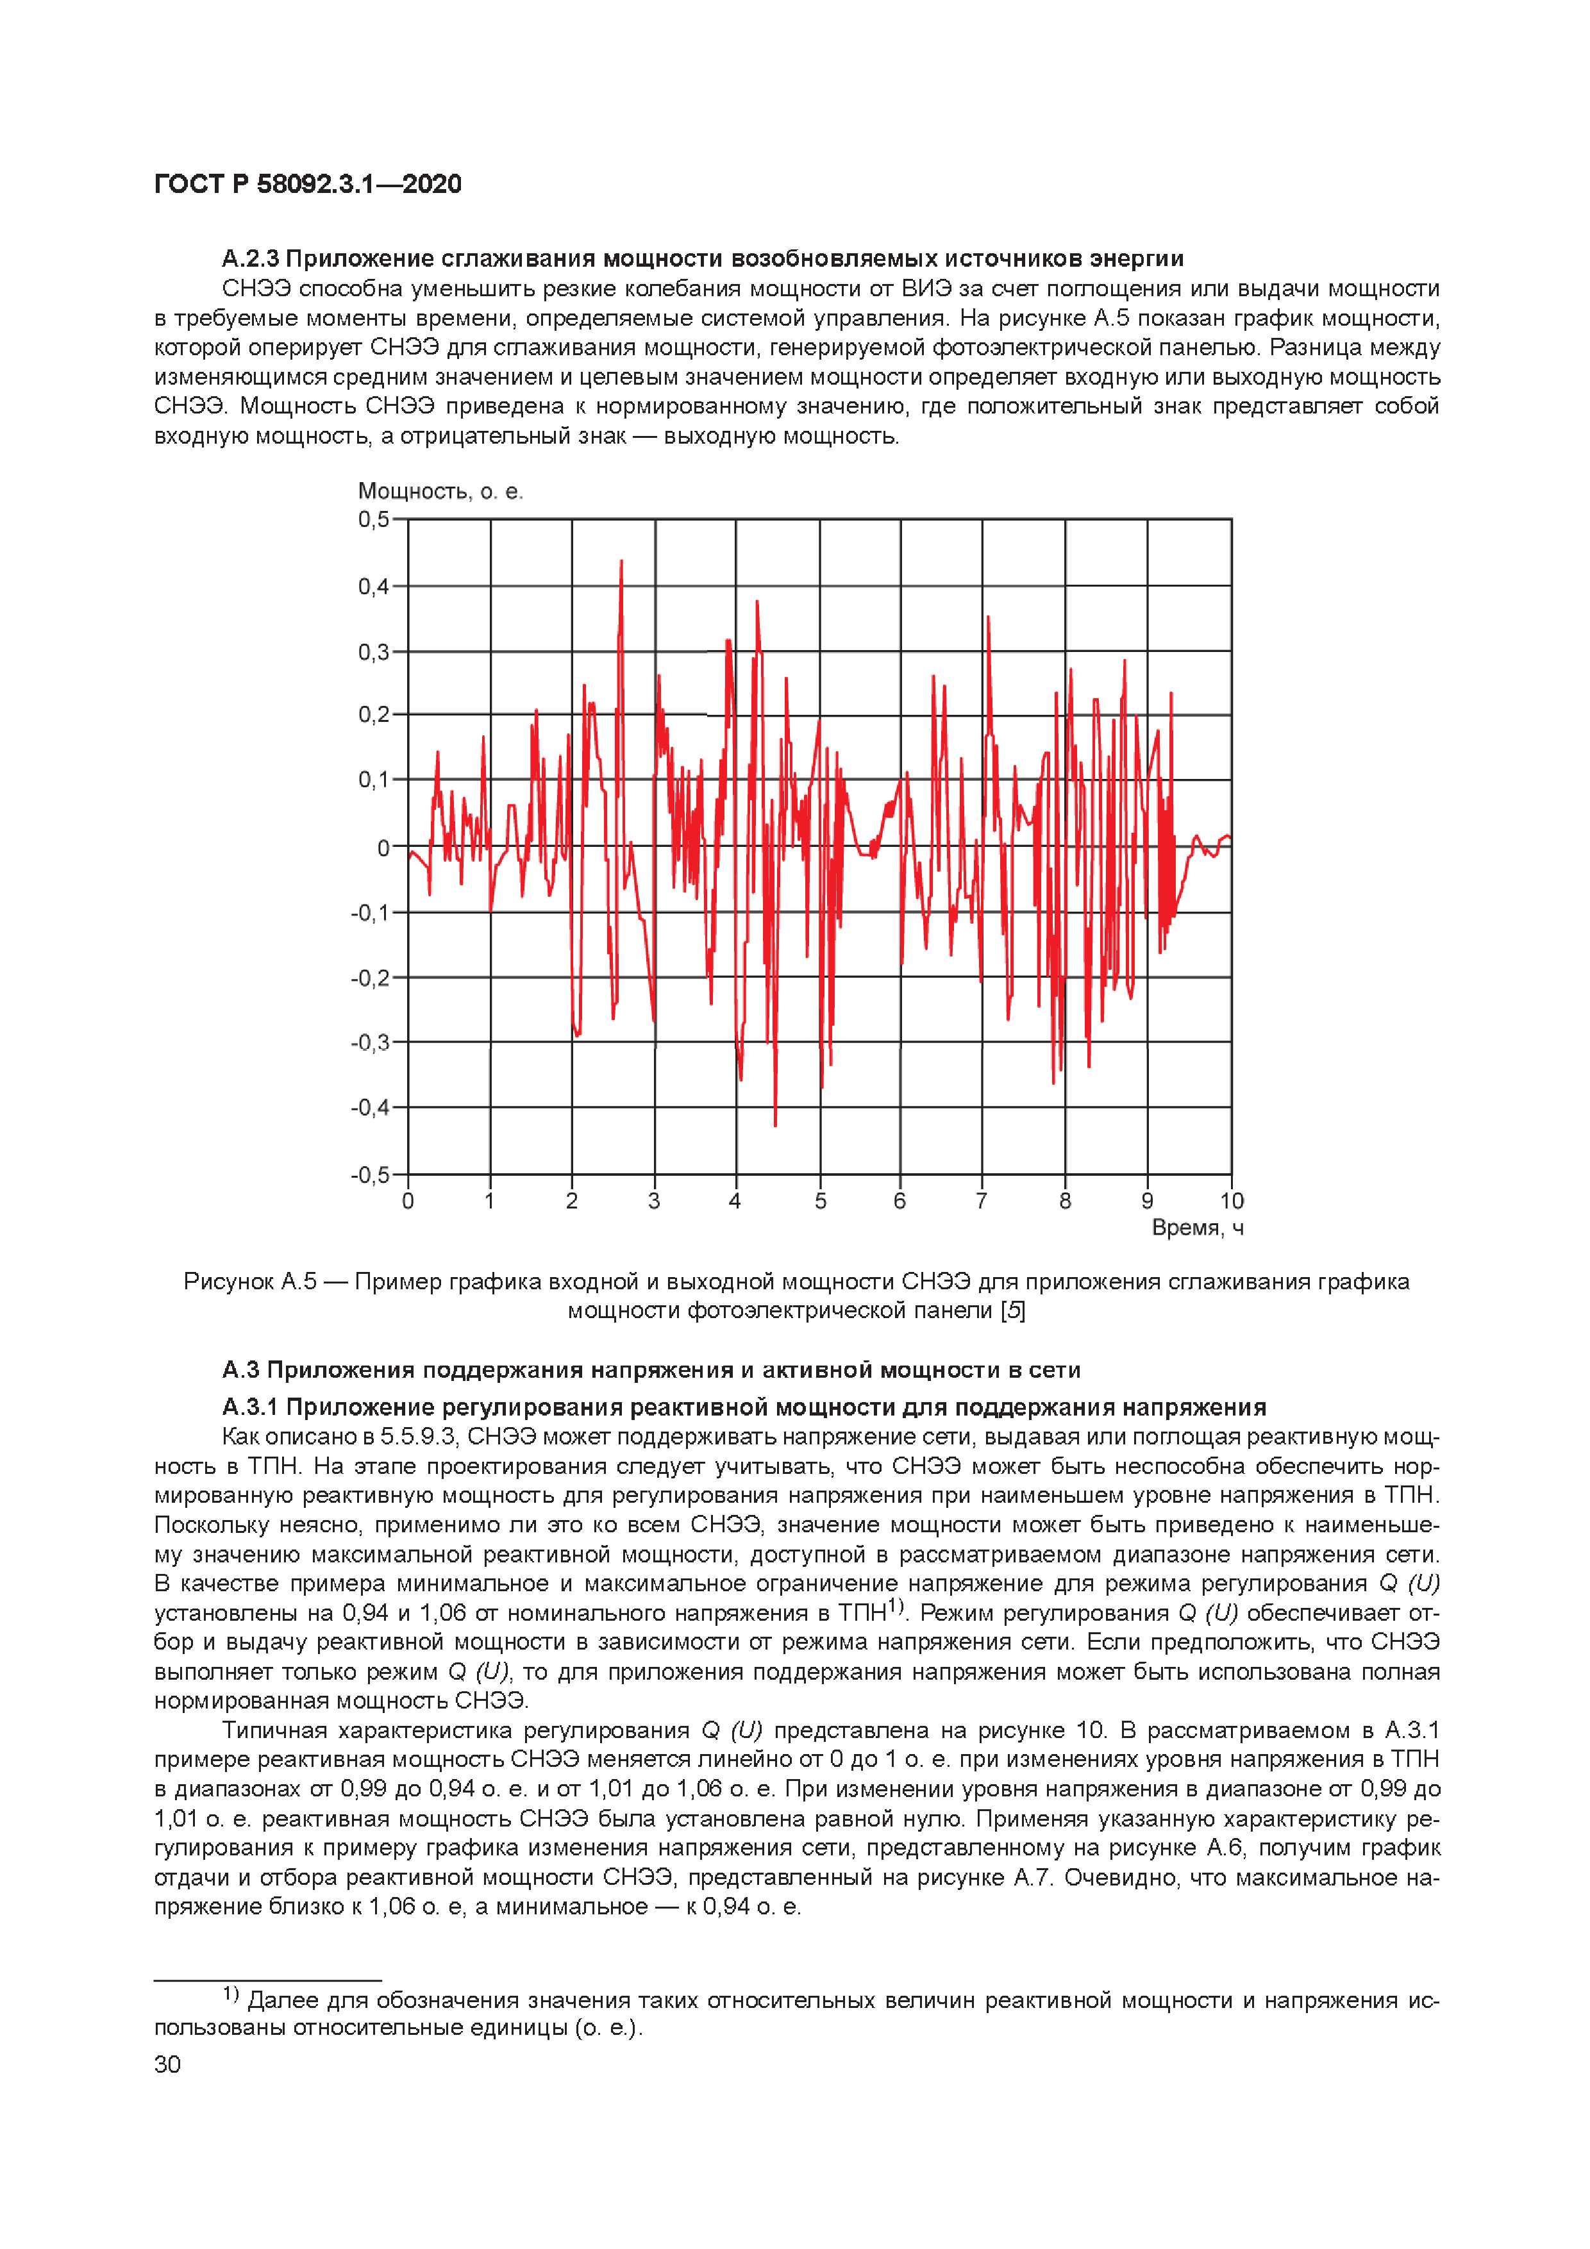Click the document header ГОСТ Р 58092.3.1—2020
[308, 184]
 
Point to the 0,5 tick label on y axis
[373, 519]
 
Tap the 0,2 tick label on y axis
[373, 715]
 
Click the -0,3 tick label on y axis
[371, 1043]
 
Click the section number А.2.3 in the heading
[250, 258]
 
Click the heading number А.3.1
[250, 1408]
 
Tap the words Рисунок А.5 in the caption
[250, 1281]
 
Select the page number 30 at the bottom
[167, 2064]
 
